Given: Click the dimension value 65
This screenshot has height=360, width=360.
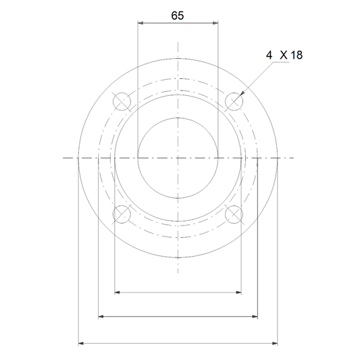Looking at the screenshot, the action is tap(178, 16).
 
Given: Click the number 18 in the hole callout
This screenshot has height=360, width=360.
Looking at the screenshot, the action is tap(297, 55).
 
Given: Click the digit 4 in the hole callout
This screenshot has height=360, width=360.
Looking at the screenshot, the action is tap(269, 55).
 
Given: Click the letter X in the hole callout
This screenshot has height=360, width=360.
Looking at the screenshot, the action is tap(284, 55).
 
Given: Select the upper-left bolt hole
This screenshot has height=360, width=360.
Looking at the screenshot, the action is tap(122, 101).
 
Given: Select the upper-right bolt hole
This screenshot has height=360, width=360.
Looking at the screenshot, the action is tap(234, 101).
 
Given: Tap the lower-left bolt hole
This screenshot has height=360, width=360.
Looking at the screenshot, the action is tap(122, 214).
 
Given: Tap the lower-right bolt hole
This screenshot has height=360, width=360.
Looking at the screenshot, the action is tap(234, 214).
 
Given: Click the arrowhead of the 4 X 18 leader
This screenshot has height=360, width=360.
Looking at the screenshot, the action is tap(242, 93).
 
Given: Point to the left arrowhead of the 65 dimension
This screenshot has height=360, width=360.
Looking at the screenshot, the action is tap(140, 23).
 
